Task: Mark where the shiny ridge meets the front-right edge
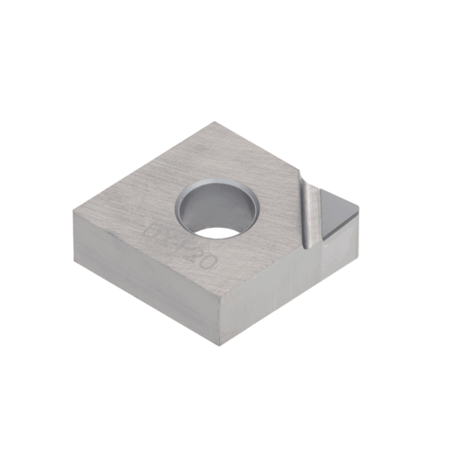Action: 311,248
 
